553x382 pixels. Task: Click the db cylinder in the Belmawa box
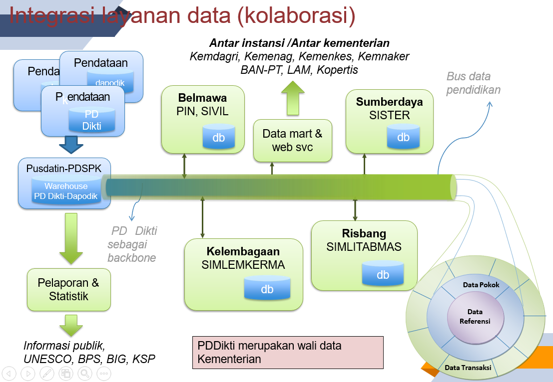[218, 137]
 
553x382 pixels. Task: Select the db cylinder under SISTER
[403, 136]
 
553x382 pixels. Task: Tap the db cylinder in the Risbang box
[383, 273]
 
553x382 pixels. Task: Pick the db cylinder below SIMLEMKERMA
[267, 288]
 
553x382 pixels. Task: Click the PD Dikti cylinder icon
[91, 120]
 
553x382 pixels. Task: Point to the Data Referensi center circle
[475, 317]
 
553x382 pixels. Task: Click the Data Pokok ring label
[481, 285]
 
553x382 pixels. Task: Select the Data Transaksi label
[468, 368]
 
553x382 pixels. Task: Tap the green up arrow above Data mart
[292, 99]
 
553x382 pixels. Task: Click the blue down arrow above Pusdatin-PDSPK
[71, 146]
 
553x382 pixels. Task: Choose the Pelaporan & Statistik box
[68, 290]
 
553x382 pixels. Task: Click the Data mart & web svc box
[292, 141]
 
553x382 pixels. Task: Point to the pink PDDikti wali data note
[287, 352]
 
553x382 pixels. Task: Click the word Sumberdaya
[389, 102]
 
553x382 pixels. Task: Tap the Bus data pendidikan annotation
[473, 83]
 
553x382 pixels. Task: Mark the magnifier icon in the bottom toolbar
[84, 373]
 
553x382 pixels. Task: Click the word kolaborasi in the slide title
[295, 16]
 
